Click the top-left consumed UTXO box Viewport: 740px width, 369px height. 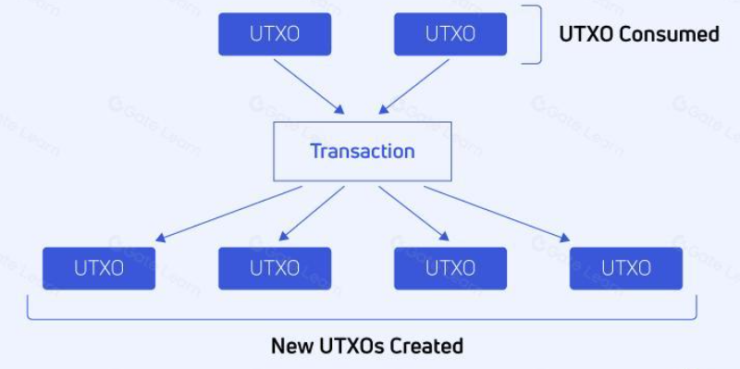pyautogui.click(x=275, y=34)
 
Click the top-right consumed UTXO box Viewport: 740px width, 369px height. pyautogui.click(x=450, y=34)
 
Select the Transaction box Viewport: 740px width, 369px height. pyautogui.click(x=363, y=152)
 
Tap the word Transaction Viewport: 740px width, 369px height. pyautogui.click(x=363, y=152)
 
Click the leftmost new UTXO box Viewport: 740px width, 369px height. pyautogui.click(x=99, y=268)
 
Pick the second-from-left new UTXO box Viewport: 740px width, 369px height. pyautogui.click(x=275, y=268)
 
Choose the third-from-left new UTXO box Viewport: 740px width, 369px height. pyautogui.click(x=450, y=268)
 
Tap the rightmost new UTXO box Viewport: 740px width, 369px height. pyautogui.click(x=626, y=268)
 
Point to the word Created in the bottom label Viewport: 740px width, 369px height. pyautogui.click(x=427, y=346)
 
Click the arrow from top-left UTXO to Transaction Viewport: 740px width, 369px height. pyautogui.click(x=309, y=86)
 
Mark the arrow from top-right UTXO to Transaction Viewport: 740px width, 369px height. pyautogui.click(x=413, y=86)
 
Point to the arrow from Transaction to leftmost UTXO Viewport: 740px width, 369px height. pyautogui.click(x=228, y=214)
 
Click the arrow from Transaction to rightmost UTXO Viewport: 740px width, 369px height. pyautogui.click(x=497, y=214)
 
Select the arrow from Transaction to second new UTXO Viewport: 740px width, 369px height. pyautogui.click(x=312, y=214)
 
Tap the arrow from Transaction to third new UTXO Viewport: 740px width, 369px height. pyautogui.click(x=413, y=214)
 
